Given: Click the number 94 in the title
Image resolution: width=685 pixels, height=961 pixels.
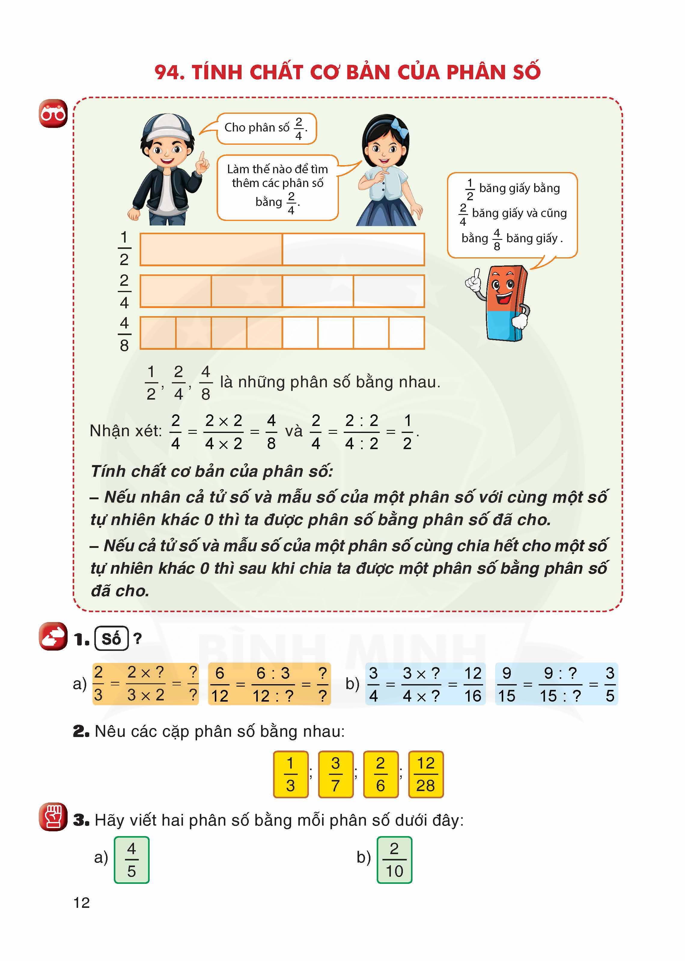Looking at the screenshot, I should [x=169, y=72].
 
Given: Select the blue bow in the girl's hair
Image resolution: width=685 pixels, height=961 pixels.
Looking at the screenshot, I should [x=399, y=127].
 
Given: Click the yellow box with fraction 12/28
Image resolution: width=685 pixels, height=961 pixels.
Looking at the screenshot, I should [x=426, y=774].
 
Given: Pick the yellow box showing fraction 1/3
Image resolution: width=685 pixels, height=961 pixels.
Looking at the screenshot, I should [x=290, y=774].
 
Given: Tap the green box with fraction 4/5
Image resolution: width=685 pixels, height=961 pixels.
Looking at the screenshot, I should [x=132, y=860].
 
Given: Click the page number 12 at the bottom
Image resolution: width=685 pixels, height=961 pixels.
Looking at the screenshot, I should [x=81, y=902].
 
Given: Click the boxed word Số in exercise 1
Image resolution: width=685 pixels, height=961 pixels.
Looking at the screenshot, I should [x=111, y=639].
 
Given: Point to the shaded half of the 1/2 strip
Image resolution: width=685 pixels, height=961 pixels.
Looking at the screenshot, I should [x=211, y=249].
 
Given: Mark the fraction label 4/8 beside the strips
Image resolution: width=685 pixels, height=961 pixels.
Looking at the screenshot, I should [x=124, y=334].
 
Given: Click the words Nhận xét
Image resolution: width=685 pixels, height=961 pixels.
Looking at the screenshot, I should [x=126, y=431].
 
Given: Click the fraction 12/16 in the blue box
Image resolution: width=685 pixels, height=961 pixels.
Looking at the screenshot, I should [x=473, y=684].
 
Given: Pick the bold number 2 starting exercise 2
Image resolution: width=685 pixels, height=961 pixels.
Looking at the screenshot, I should [x=80, y=732].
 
